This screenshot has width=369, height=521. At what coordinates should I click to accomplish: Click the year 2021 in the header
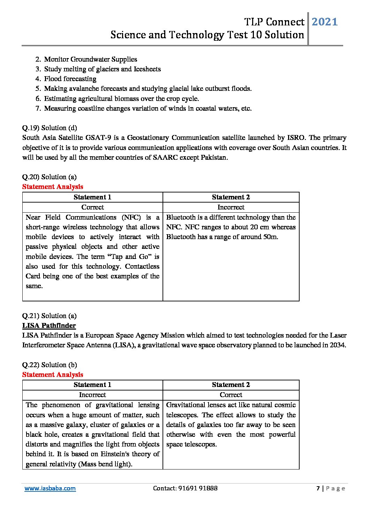click(324, 22)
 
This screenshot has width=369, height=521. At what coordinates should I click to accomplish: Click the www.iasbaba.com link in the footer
click(50, 488)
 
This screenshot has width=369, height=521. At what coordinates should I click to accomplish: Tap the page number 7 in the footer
click(318, 488)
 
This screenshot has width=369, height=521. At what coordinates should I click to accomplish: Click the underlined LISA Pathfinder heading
click(49, 326)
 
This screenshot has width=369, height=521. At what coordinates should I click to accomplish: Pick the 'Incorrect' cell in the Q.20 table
click(231, 207)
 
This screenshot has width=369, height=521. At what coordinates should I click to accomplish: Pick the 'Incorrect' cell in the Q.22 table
click(92, 395)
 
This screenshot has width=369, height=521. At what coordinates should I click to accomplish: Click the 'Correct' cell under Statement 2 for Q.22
click(231, 395)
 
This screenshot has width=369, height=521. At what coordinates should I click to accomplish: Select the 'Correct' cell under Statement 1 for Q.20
click(92, 207)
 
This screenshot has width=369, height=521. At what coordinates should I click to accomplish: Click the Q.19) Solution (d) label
click(50, 128)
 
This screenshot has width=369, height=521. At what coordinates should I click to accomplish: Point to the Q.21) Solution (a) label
click(49, 316)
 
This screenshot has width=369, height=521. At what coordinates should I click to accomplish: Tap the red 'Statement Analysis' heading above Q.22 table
click(53, 375)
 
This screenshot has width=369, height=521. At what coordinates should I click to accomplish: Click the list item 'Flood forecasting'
click(70, 79)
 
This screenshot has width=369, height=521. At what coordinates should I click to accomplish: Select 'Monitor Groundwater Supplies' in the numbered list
click(90, 60)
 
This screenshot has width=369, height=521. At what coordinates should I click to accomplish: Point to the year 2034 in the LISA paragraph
click(338, 345)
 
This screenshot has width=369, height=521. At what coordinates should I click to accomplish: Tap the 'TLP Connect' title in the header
click(274, 22)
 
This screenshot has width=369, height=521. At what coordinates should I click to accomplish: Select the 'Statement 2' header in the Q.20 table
click(231, 197)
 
